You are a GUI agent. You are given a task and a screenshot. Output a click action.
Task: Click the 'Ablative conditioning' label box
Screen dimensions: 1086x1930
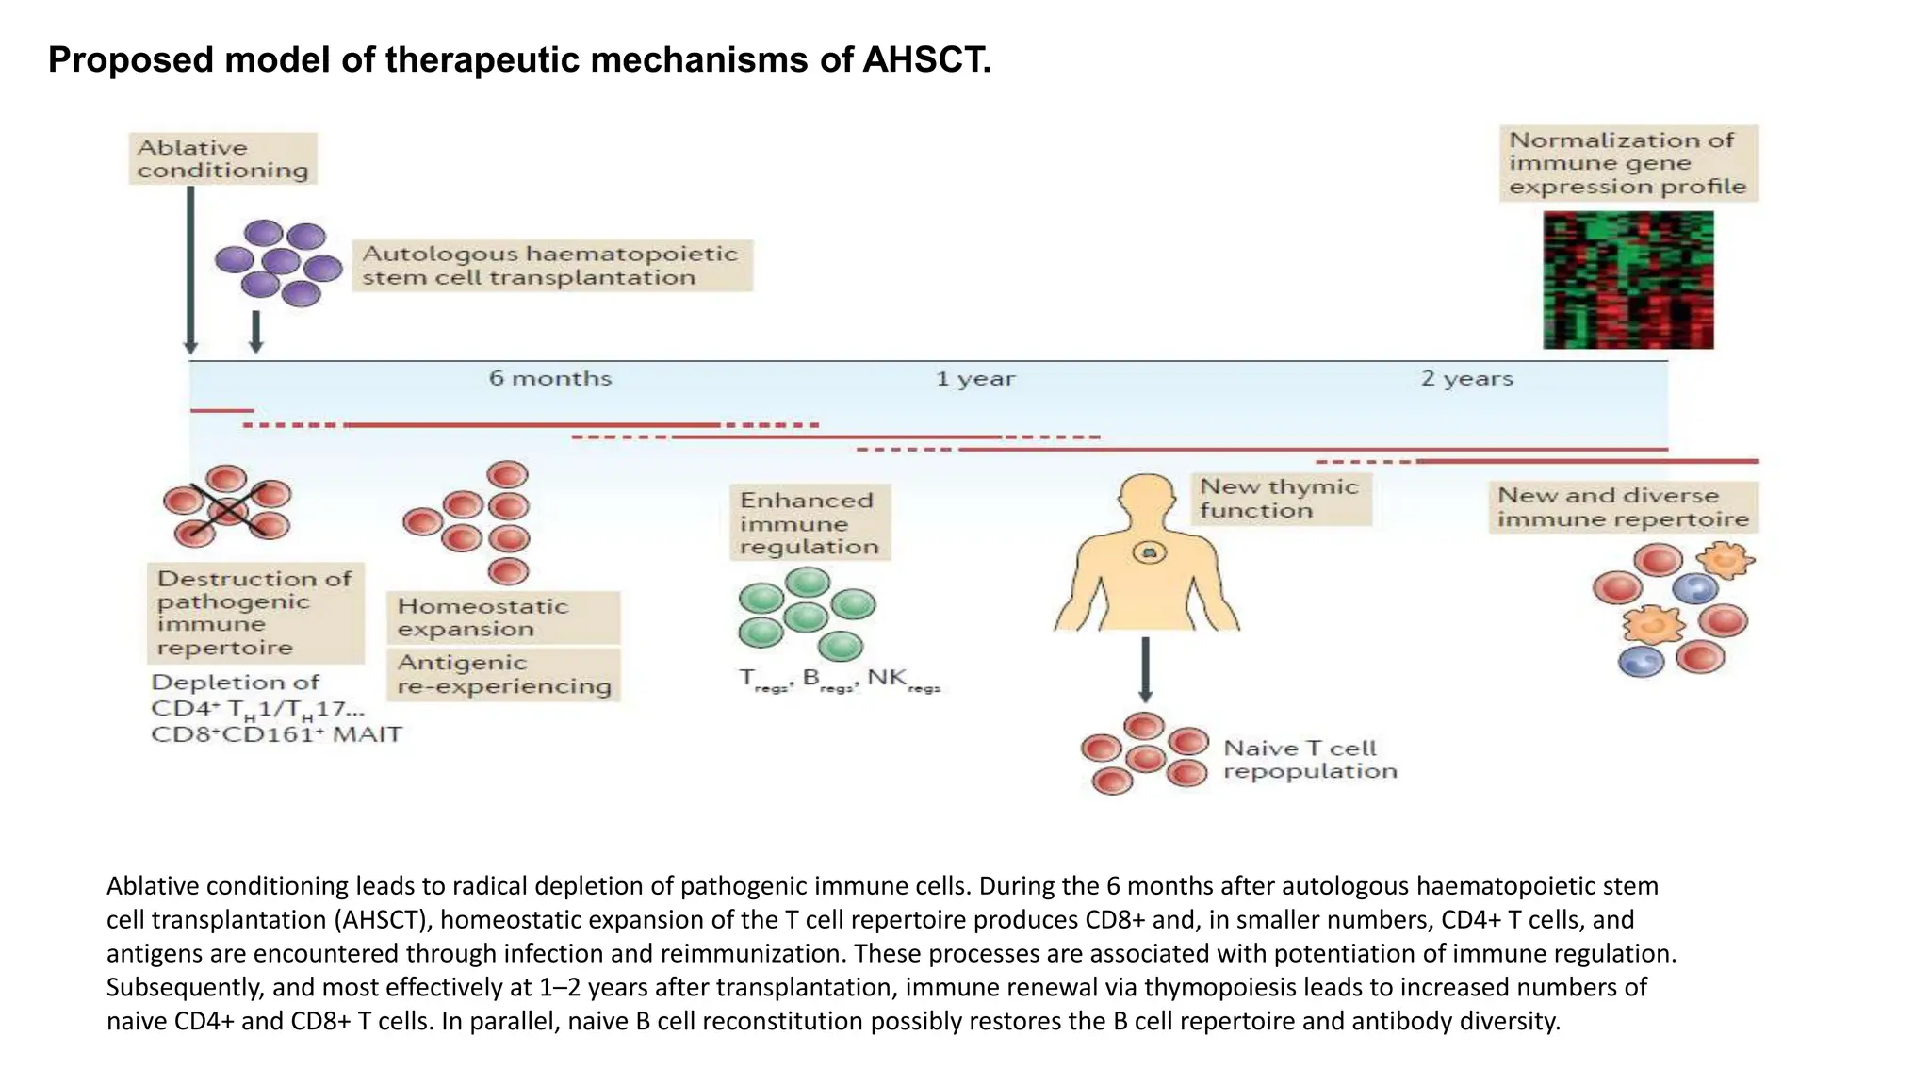(x=222, y=158)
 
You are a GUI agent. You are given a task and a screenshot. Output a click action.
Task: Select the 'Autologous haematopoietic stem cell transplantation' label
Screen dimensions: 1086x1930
(x=551, y=266)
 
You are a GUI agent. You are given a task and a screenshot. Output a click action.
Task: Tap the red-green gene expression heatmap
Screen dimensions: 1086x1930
(x=1627, y=280)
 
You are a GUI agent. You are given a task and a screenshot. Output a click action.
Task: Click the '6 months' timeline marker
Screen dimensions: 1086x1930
(x=550, y=378)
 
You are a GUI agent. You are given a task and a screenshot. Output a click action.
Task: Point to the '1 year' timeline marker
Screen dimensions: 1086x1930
(x=975, y=379)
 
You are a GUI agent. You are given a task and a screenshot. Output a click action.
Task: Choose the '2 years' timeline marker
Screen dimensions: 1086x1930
(x=1466, y=379)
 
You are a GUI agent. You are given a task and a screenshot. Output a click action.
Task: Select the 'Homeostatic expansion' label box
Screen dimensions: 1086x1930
(x=502, y=617)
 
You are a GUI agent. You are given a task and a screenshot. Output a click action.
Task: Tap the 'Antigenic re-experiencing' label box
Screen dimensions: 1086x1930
(x=502, y=674)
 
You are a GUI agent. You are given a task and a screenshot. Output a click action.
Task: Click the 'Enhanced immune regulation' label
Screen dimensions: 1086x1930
(x=809, y=523)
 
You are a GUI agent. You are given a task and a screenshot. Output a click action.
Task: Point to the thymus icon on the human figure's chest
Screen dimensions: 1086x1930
(x=1149, y=552)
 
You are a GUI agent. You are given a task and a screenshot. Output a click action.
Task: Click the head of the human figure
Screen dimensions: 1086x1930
(x=1147, y=497)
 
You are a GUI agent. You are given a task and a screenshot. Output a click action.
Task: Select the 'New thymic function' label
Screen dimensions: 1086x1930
(x=1279, y=499)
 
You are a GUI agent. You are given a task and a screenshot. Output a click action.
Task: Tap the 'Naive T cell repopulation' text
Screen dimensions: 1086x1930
(x=1309, y=760)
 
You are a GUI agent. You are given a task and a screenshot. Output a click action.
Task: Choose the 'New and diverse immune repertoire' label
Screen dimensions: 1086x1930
(x=1622, y=507)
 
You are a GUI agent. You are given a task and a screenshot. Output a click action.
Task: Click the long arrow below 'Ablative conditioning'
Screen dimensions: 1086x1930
(x=190, y=269)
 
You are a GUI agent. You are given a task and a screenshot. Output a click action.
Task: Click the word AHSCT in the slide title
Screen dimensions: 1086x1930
(x=925, y=60)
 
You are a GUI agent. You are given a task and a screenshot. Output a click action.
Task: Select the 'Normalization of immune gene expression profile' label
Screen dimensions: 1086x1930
(x=1627, y=163)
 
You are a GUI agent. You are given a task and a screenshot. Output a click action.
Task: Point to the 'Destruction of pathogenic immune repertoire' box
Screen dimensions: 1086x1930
(x=254, y=613)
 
